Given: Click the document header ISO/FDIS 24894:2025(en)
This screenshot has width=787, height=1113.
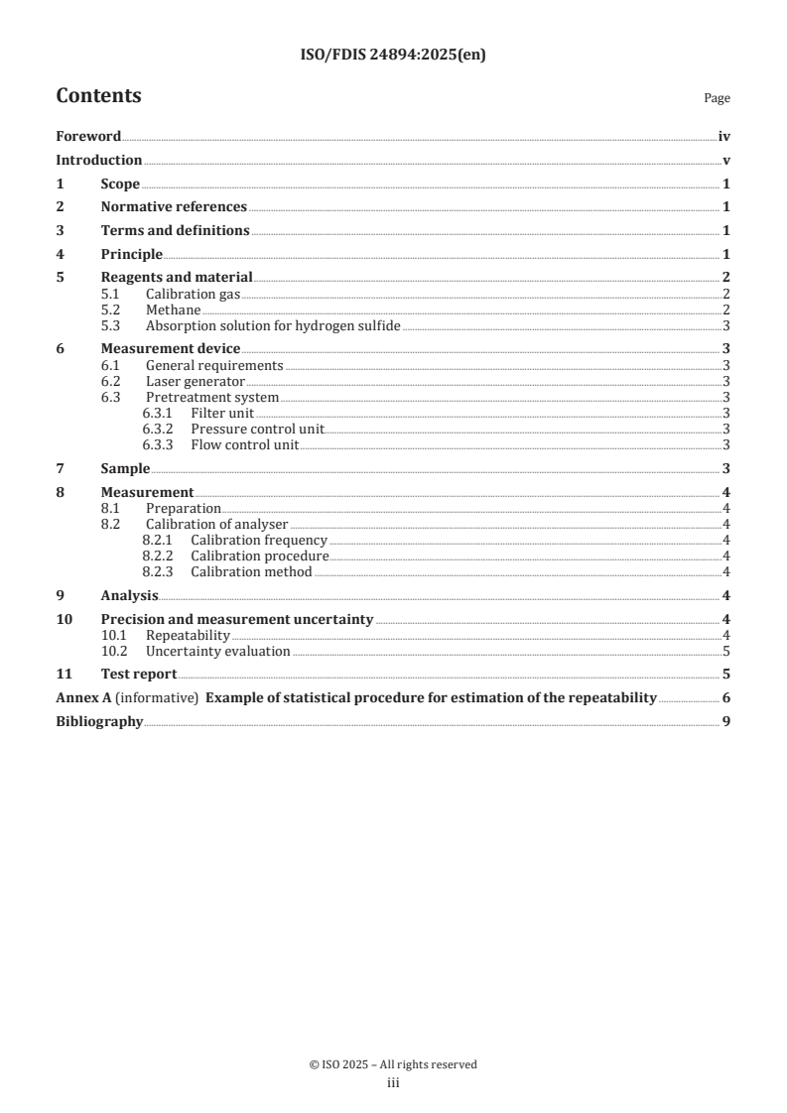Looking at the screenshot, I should [x=393, y=56].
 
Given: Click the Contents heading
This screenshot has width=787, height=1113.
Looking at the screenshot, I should [x=98, y=96].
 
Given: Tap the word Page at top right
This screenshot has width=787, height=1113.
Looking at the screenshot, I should [x=717, y=98].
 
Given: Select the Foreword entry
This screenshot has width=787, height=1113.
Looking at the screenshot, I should [x=88, y=137].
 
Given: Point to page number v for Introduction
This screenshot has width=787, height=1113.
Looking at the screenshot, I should [x=726, y=161].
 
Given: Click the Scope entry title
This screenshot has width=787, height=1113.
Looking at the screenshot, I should [x=120, y=185].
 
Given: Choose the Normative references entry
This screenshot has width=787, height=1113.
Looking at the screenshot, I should [x=174, y=207].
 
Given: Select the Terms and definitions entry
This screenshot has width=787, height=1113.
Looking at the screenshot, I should [x=175, y=231].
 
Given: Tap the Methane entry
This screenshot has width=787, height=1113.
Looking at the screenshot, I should [x=173, y=310].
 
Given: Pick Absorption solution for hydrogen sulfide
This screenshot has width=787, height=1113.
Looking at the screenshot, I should [x=273, y=325].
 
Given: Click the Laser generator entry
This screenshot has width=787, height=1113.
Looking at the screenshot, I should [x=195, y=381].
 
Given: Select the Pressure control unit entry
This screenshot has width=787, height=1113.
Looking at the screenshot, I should [x=257, y=429].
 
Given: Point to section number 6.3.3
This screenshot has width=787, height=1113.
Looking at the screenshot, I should [x=159, y=444].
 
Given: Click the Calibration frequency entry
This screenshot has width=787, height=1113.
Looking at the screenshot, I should [x=258, y=541].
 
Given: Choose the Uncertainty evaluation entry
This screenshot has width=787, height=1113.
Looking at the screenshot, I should [x=217, y=652].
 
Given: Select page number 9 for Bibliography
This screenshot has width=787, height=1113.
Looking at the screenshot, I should [x=726, y=722].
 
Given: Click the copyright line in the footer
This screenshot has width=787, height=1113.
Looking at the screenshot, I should [x=393, y=1064].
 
